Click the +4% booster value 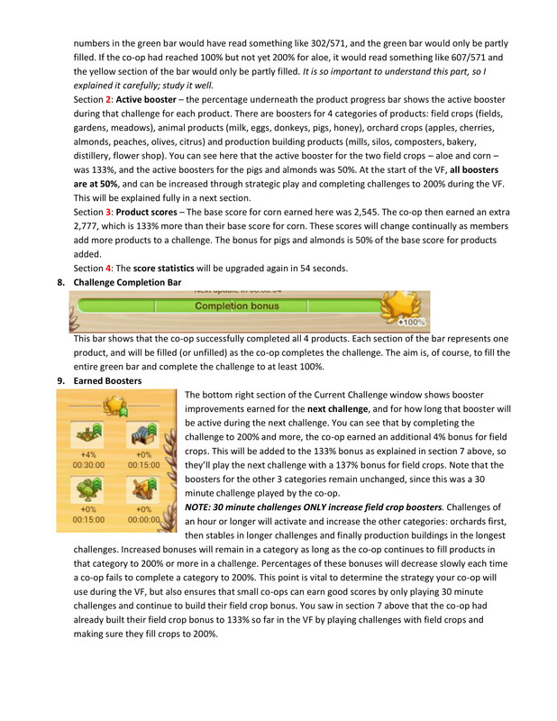tap(88, 454)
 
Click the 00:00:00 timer tap(142, 519)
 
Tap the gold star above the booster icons tap(115, 405)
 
